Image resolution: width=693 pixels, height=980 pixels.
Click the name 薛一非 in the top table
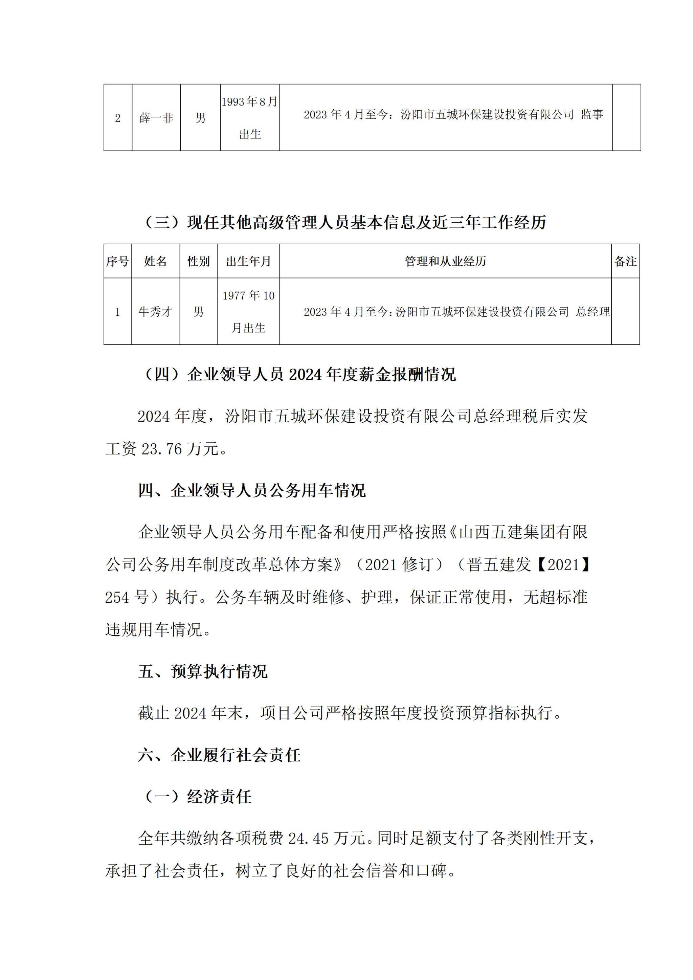156,118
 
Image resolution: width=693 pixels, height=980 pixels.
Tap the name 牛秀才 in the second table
155,312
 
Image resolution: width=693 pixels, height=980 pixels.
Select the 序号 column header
117,261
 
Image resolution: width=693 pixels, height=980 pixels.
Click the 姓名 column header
155,261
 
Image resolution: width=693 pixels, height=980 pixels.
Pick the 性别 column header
198,261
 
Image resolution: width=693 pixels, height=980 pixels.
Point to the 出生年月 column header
248,261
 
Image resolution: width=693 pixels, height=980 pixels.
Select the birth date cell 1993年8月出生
250,118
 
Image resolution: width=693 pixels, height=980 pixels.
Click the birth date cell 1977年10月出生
248,312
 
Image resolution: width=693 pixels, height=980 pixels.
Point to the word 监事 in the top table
592,114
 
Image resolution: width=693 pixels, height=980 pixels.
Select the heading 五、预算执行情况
203,671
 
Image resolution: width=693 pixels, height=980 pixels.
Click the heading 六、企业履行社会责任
219,755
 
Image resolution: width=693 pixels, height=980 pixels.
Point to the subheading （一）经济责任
198,797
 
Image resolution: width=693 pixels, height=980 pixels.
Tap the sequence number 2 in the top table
118,118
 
